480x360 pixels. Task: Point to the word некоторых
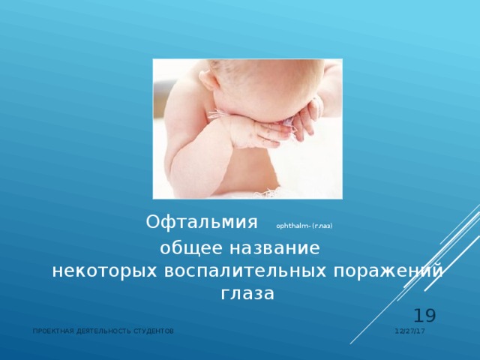[97, 271]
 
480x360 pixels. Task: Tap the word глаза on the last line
[247, 293]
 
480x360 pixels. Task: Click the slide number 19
[424, 316]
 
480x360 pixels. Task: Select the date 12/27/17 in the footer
[409, 331]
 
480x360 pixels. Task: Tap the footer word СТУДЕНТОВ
[155, 331]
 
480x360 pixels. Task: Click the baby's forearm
[247, 131]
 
